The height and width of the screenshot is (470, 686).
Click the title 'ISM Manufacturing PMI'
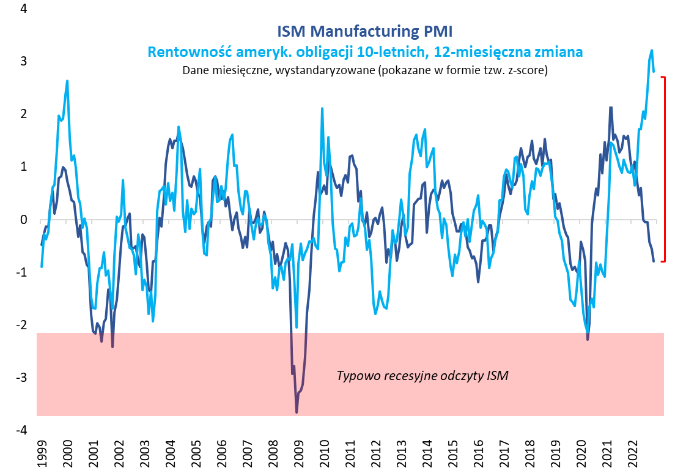pyautogui.click(x=365, y=31)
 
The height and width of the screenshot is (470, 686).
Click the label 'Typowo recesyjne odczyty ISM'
pyautogui.click(x=422, y=375)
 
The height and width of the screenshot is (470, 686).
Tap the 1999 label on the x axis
pyautogui.click(x=41, y=452)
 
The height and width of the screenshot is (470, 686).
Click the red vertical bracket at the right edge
pyautogui.click(x=664, y=170)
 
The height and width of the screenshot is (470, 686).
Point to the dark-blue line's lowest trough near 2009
pyautogui.click(x=297, y=412)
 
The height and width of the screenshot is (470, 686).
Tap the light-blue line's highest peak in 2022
pyautogui.click(x=652, y=50)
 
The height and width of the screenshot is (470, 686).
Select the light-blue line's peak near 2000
pyautogui.click(x=67, y=81)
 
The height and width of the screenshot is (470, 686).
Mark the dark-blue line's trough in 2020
pyautogui.click(x=588, y=339)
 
